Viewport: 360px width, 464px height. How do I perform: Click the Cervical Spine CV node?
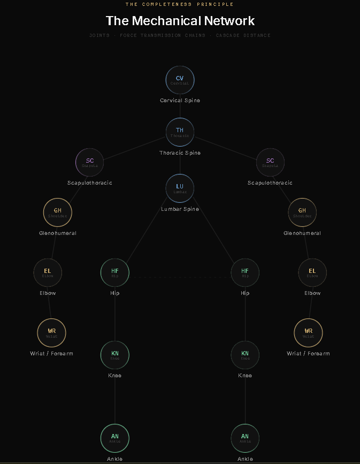pyautogui.click(x=180, y=80)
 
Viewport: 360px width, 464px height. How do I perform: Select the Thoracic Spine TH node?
pyautogui.click(x=180, y=132)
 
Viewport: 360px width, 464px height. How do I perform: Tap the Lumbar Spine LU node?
pyautogui.click(x=180, y=188)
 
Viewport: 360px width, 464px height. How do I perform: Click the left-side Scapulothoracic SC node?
pyautogui.click(x=90, y=163)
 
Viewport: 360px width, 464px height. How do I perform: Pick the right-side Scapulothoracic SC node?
pyautogui.click(x=270, y=163)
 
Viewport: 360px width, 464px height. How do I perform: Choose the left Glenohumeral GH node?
pyautogui.click(x=57, y=212)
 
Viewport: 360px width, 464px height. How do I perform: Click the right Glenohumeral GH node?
pyautogui.click(x=302, y=212)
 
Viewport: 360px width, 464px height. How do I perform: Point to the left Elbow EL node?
pyautogui.click(x=48, y=273)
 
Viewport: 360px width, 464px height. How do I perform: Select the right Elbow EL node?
pyautogui.click(x=312, y=273)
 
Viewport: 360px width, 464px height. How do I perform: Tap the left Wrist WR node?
pyautogui.click(x=51, y=333)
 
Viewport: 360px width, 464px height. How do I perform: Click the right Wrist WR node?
pyautogui.click(x=308, y=333)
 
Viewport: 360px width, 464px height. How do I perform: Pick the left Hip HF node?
pyautogui.click(x=115, y=272)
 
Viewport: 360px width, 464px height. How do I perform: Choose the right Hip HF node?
pyautogui.click(x=245, y=272)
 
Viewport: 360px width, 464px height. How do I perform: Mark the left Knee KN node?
pyautogui.click(x=115, y=355)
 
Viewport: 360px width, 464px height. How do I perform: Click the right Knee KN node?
pyautogui.click(x=245, y=355)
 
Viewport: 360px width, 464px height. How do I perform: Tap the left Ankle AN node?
pyautogui.click(x=115, y=438)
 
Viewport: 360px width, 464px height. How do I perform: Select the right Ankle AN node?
pyautogui.click(x=245, y=438)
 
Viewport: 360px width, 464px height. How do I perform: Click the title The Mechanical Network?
pyautogui.click(x=180, y=21)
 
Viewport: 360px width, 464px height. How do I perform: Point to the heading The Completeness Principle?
pyautogui.click(x=180, y=4)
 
